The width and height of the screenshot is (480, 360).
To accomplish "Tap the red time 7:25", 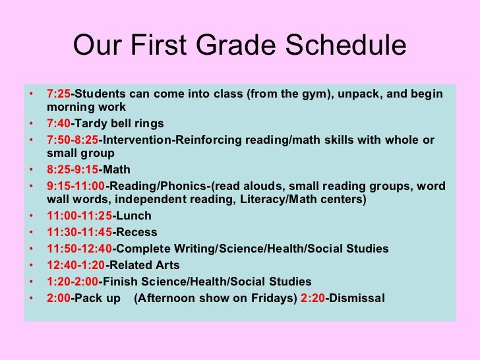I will coord(58,94).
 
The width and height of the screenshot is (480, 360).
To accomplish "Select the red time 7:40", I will coord(58,124).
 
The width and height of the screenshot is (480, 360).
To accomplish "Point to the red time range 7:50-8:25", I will coord(72,140).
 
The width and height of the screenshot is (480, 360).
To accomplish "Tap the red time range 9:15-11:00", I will coord(76,186).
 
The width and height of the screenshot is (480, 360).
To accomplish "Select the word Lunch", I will coord(134,216).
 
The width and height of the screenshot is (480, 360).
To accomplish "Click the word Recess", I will coord(136,232).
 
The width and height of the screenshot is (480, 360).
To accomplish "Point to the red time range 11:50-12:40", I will coord(79,249).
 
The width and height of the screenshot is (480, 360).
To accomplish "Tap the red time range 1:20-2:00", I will coord(72,281).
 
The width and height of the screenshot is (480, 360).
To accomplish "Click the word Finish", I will coord(120,281).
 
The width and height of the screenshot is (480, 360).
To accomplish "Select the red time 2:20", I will coord(313,297).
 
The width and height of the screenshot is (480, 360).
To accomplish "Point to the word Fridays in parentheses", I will coord(268,297).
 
